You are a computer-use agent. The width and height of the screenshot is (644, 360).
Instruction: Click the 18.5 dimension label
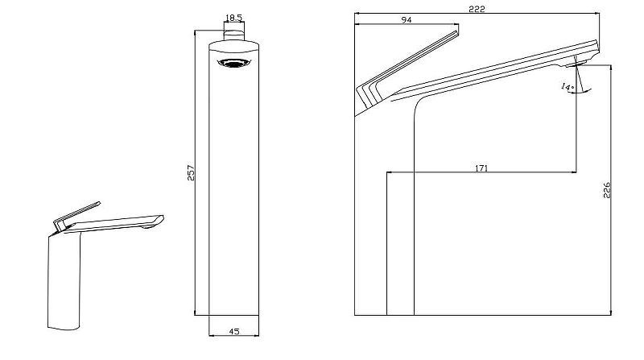[x=234, y=18]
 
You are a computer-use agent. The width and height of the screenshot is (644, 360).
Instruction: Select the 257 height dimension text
[x=191, y=173]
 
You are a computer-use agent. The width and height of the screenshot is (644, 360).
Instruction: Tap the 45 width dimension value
[x=234, y=331]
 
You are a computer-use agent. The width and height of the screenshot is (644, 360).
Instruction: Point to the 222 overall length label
[x=477, y=9]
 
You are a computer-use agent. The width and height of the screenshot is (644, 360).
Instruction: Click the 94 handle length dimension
[x=407, y=19]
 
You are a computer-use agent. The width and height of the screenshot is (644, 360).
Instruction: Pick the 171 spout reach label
[x=481, y=168]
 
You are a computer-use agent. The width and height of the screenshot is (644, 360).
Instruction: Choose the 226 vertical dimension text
[x=607, y=190]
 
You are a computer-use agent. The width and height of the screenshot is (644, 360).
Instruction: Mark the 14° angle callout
[x=568, y=87]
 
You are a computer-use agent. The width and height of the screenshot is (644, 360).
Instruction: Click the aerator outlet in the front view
[x=234, y=63]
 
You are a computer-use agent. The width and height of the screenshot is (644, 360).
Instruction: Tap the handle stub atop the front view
[x=234, y=35]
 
